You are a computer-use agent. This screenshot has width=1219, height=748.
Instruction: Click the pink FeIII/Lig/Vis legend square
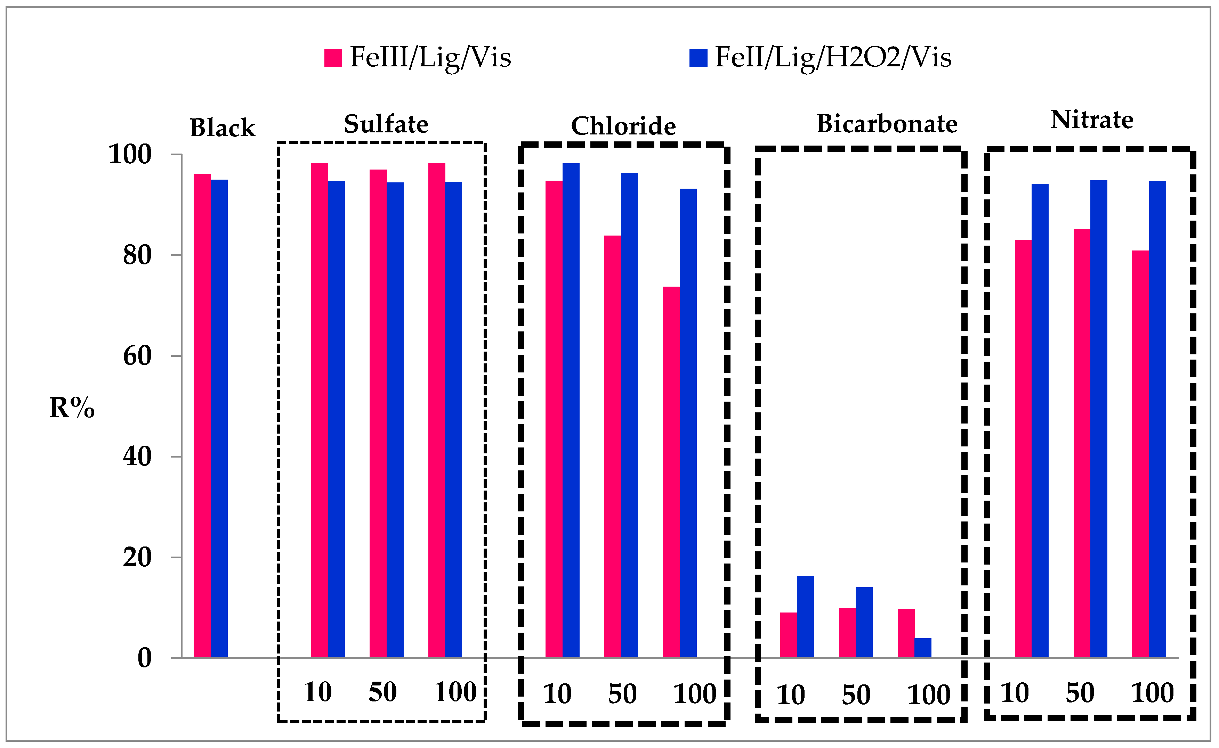[333, 58]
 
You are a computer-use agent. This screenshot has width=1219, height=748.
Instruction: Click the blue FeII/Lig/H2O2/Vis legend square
[698, 58]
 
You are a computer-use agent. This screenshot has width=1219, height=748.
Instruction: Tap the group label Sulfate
[386, 124]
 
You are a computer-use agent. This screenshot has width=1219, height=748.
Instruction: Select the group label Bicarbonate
[887, 124]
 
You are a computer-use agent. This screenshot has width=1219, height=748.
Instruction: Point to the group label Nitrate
[1092, 120]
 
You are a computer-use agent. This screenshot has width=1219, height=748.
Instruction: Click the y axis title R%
[72, 408]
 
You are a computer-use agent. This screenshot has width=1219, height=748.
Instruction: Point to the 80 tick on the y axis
[137, 256]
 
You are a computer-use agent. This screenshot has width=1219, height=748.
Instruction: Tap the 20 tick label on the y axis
[137, 558]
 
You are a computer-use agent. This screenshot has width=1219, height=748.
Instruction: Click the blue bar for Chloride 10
[571, 411]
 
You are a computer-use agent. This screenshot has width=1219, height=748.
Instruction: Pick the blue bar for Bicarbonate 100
[923, 648]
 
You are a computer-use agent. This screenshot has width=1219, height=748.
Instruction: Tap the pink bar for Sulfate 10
[320, 411]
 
